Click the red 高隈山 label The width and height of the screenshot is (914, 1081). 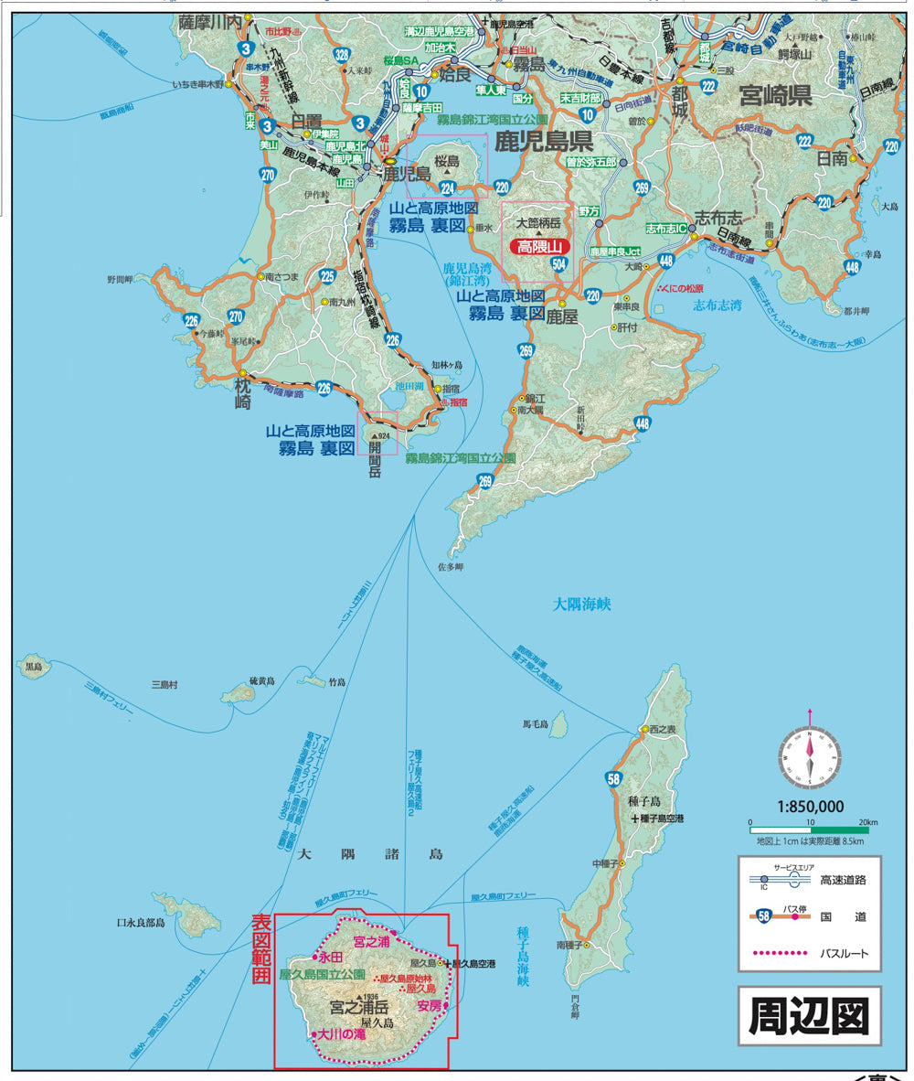click(x=543, y=246)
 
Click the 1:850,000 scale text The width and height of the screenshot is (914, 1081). click(x=811, y=807)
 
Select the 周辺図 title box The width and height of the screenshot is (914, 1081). click(x=809, y=1015)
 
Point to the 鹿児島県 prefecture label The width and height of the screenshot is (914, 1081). click(x=544, y=141)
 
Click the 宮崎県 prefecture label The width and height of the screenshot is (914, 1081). click(x=775, y=96)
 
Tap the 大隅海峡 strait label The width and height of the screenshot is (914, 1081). click(x=580, y=604)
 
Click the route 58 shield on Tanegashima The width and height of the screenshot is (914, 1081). click(x=612, y=779)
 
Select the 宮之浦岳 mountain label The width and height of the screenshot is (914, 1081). click(x=358, y=1008)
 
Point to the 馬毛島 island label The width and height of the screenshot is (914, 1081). click(x=535, y=724)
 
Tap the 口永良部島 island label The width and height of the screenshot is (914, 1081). click(x=140, y=924)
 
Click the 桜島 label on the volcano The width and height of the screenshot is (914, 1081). click(x=445, y=159)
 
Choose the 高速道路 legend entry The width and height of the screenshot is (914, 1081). click(x=843, y=880)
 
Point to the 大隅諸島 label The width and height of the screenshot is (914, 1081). click(x=370, y=854)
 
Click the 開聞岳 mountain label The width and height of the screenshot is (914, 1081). click(x=375, y=466)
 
